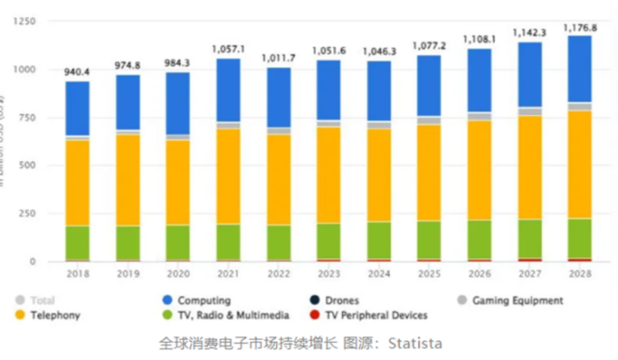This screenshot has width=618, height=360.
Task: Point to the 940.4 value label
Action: [x=77, y=71]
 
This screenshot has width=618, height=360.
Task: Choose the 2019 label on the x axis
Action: [x=127, y=273]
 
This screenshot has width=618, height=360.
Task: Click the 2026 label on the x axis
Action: [x=479, y=273]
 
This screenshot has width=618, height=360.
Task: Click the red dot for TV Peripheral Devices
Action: [x=312, y=314]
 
